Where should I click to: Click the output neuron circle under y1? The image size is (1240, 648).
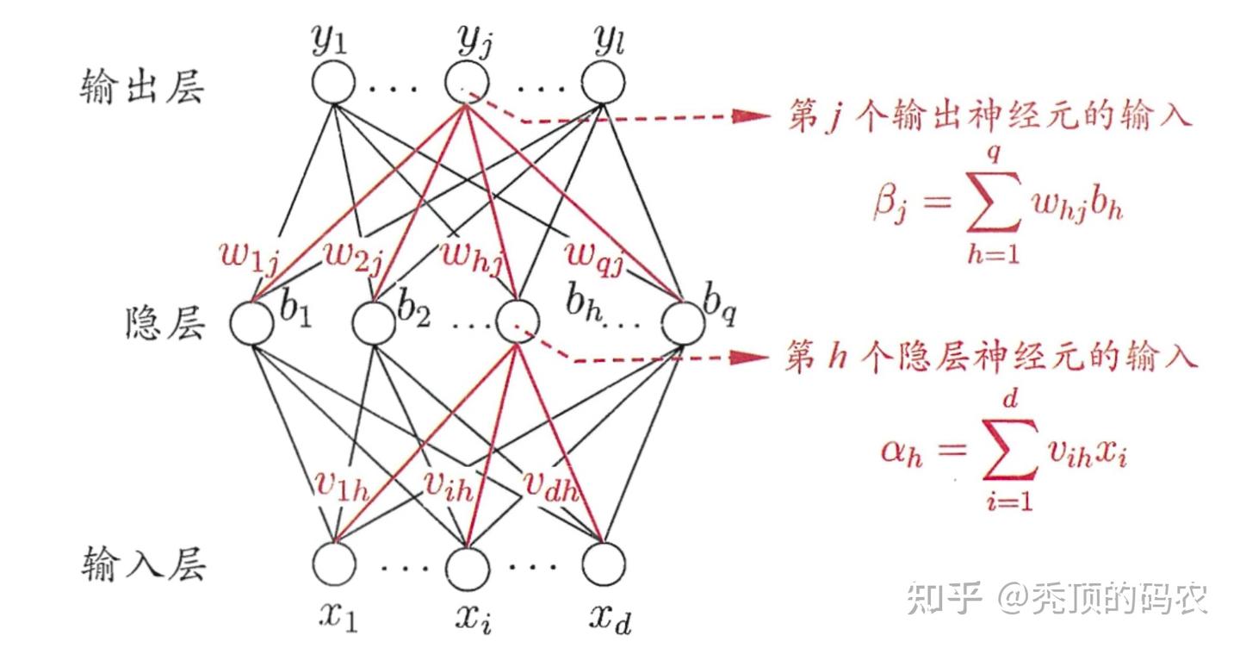(x=332, y=84)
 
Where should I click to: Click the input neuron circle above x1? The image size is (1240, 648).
(x=332, y=565)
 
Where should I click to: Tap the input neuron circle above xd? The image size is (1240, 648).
(x=603, y=565)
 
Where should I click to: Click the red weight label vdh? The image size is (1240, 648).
(x=551, y=489)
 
